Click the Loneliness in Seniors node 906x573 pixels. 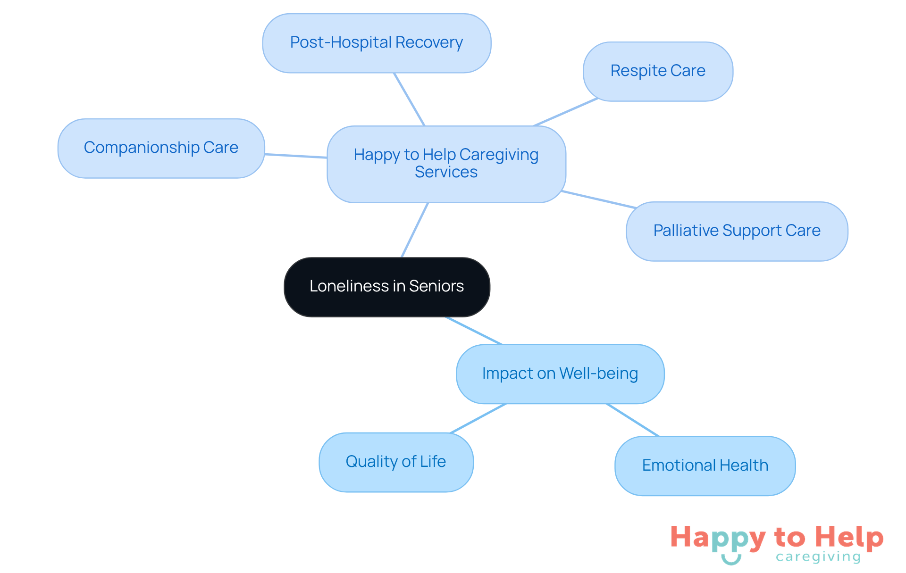(x=387, y=287)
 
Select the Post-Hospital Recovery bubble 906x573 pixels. (x=377, y=43)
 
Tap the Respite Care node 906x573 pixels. (x=658, y=71)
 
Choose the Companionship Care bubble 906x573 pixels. (x=161, y=148)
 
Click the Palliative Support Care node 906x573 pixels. (x=737, y=231)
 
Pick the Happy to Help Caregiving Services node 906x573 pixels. (x=446, y=164)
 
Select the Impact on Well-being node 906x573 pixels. (x=560, y=374)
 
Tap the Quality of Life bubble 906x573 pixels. (x=396, y=462)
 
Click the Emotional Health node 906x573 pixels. (x=705, y=466)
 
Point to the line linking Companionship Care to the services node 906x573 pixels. (x=296, y=156)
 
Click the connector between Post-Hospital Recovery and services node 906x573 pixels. (x=409, y=99)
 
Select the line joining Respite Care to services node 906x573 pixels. (x=565, y=112)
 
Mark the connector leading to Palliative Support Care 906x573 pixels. (x=598, y=199)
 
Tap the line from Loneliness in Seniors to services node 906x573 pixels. (x=415, y=230)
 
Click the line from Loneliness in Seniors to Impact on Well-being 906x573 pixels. (x=474, y=331)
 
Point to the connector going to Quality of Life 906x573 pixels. (x=478, y=418)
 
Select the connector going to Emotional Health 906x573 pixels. (x=632, y=420)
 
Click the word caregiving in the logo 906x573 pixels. (x=818, y=557)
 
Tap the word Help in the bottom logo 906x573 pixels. (x=849, y=538)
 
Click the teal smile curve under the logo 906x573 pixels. (x=731, y=560)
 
